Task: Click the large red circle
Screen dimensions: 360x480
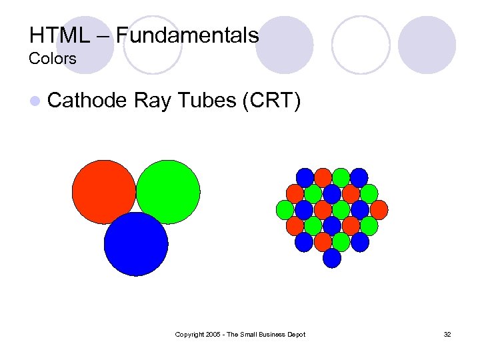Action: coord(104,192)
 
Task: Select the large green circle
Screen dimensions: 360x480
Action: coord(168,192)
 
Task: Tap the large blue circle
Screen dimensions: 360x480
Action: coord(136,244)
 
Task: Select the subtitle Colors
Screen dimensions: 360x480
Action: coord(53,59)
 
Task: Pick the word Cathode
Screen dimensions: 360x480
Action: coord(87,101)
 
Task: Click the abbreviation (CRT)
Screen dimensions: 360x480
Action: coord(272,101)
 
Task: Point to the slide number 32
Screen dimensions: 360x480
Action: coord(447,334)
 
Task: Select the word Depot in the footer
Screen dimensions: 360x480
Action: coord(294,334)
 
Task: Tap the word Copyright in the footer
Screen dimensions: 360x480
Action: coord(190,334)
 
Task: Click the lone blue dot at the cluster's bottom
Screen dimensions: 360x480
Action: coord(332,258)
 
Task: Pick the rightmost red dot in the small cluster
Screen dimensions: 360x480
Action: coord(379,210)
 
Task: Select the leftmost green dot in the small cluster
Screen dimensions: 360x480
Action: coord(285,210)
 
